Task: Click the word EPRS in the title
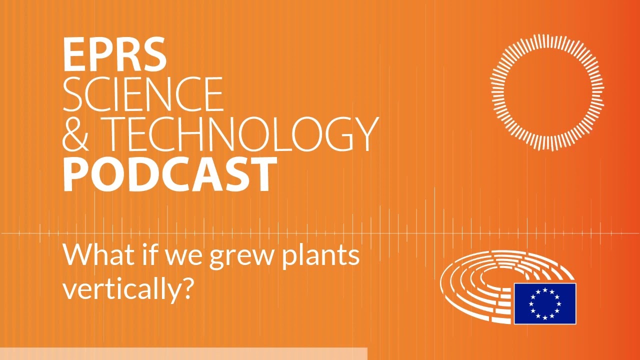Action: click(x=114, y=54)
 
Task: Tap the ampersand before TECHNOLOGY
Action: click(x=75, y=134)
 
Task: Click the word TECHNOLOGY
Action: click(x=243, y=134)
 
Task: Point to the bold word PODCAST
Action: click(x=170, y=174)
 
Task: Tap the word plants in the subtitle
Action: click(x=320, y=255)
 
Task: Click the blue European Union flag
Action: click(x=545, y=303)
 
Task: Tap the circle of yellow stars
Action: click(x=545, y=303)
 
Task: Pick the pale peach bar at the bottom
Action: click(x=183, y=353)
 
